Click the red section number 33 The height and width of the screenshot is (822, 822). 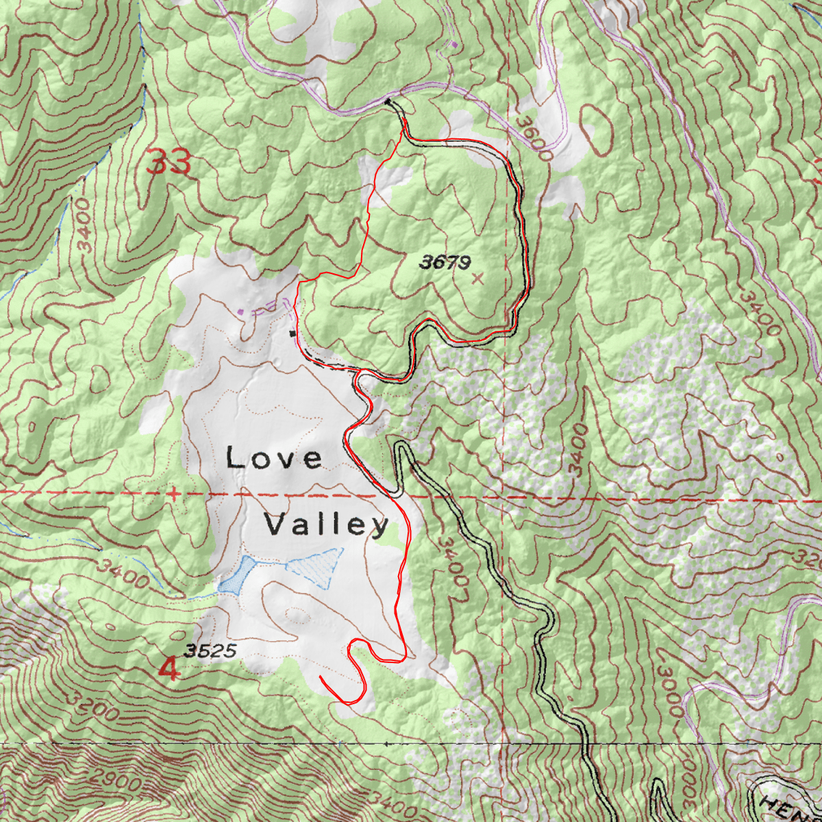169,164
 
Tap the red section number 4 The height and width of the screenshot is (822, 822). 169,669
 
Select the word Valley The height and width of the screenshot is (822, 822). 327,525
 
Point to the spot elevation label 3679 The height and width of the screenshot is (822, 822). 445,262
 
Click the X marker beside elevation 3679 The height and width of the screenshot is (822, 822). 477,278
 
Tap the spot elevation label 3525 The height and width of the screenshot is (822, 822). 210,651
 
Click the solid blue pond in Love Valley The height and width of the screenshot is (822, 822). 236,575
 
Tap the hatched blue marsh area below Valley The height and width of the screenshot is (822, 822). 316,566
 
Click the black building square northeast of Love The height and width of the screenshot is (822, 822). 293,334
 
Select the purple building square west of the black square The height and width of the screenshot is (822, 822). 240,312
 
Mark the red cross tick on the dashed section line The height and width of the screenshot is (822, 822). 175,493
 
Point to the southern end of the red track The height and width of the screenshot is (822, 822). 321,677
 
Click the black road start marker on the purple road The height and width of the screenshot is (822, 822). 388,101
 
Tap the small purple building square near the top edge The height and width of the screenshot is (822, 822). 453,45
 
